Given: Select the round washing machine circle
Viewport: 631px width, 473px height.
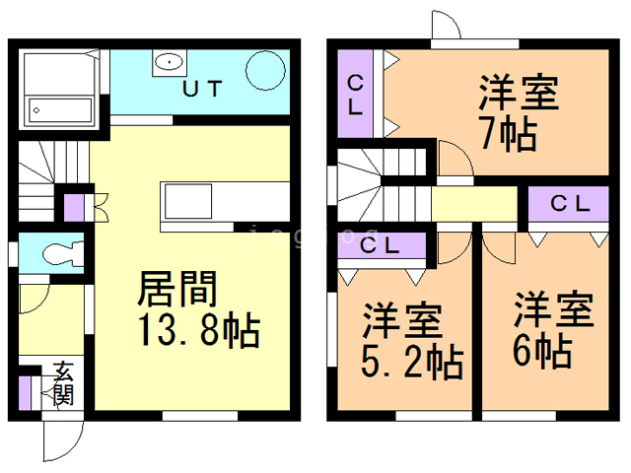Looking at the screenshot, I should (x=265, y=71).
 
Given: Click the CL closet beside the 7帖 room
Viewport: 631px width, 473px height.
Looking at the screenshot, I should (x=355, y=95).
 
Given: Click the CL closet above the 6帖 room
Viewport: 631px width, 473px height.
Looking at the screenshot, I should (x=570, y=206).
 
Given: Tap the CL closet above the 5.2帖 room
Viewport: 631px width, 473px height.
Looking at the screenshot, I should (x=380, y=246).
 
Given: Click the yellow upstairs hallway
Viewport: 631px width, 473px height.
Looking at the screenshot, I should (x=474, y=207).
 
